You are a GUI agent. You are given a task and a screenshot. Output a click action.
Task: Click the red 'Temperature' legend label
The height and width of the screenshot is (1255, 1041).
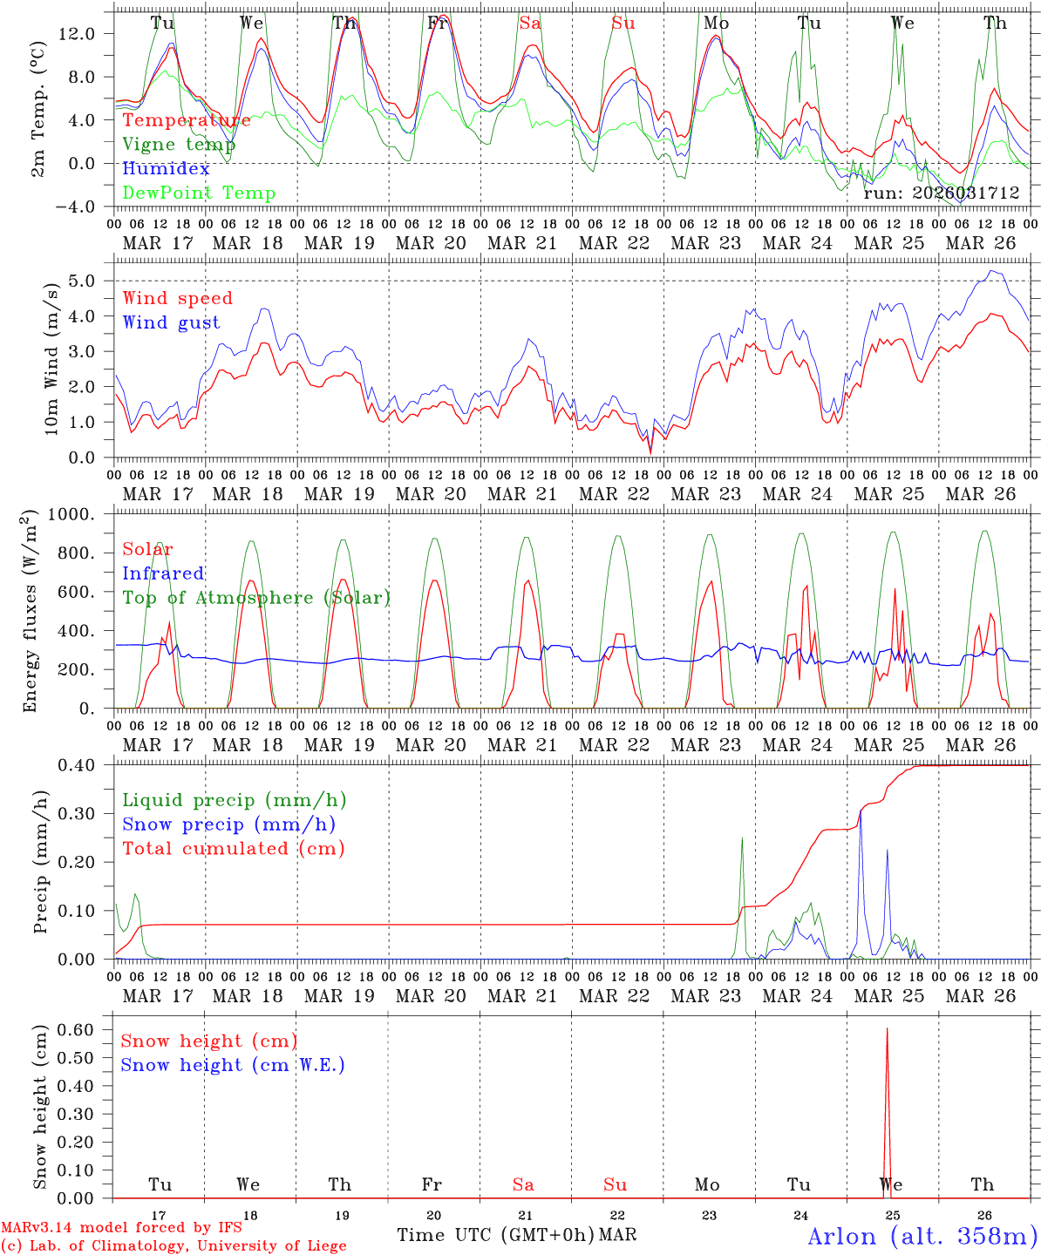187,120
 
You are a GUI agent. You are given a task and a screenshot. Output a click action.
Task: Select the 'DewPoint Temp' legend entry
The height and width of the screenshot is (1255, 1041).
199,193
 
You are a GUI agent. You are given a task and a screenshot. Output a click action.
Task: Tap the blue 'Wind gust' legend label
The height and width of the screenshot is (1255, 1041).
171,322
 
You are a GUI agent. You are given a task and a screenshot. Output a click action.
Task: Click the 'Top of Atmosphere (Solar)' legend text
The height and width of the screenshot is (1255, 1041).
256,598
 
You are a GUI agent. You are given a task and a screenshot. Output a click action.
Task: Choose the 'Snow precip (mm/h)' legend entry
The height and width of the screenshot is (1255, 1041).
228,824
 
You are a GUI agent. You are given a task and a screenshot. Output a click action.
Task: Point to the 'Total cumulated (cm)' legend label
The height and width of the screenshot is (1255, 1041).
234,848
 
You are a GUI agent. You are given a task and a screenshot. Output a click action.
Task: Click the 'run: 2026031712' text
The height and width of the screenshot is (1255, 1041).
941,193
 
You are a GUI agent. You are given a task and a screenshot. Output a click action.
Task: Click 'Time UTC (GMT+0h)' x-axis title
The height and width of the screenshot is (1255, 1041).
495,1235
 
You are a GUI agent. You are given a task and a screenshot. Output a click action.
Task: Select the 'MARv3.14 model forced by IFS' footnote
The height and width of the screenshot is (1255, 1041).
121,1228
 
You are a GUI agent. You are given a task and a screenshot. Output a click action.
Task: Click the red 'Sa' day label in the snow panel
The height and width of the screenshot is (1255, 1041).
523,1184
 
